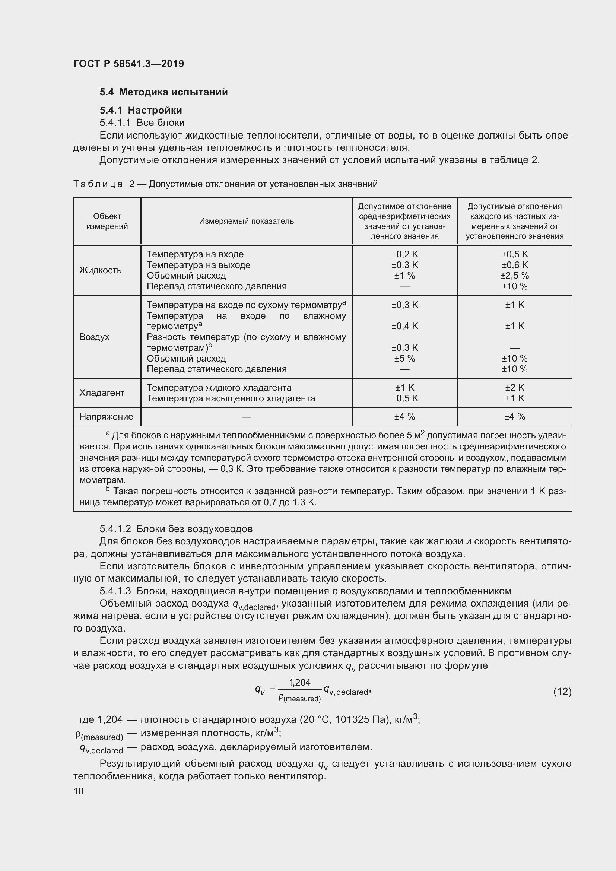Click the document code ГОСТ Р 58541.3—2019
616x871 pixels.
pyautogui.click(x=128, y=64)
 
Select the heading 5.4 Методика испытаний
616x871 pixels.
pyautogui.click(x=163, y=92)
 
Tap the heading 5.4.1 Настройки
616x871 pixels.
pyautogui.click(x=141, y=110)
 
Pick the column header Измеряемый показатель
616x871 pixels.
pyautogui.click(x=246, y=221)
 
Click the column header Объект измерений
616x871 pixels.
pyautogui.click(x=107, y=221)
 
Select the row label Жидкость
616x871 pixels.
pyautogui.click(x=101, y=270)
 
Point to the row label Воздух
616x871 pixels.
pyautogui.click(x=95, y=337)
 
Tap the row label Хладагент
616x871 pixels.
pyautogui.click(x=102, y=392)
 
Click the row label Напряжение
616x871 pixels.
pyautogui.click(x=106, y=417)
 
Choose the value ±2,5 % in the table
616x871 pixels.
pyautogui.click(x=514, y=276)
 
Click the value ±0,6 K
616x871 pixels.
pyautogui.click(x=514, y=265)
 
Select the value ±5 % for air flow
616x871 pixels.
pyautogui.click(x=404, y=359)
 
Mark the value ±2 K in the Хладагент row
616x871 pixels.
pyautogui.click(x=514, y=387)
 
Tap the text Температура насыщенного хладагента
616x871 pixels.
pyautogui.click(x=231, y=398)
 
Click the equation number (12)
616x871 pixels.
pyautogui.click(x=562, y=692)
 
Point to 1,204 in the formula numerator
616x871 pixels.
pyautogui.click(x=300, y=683)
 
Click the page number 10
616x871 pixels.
pyautogui.click(x=79, y=791)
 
